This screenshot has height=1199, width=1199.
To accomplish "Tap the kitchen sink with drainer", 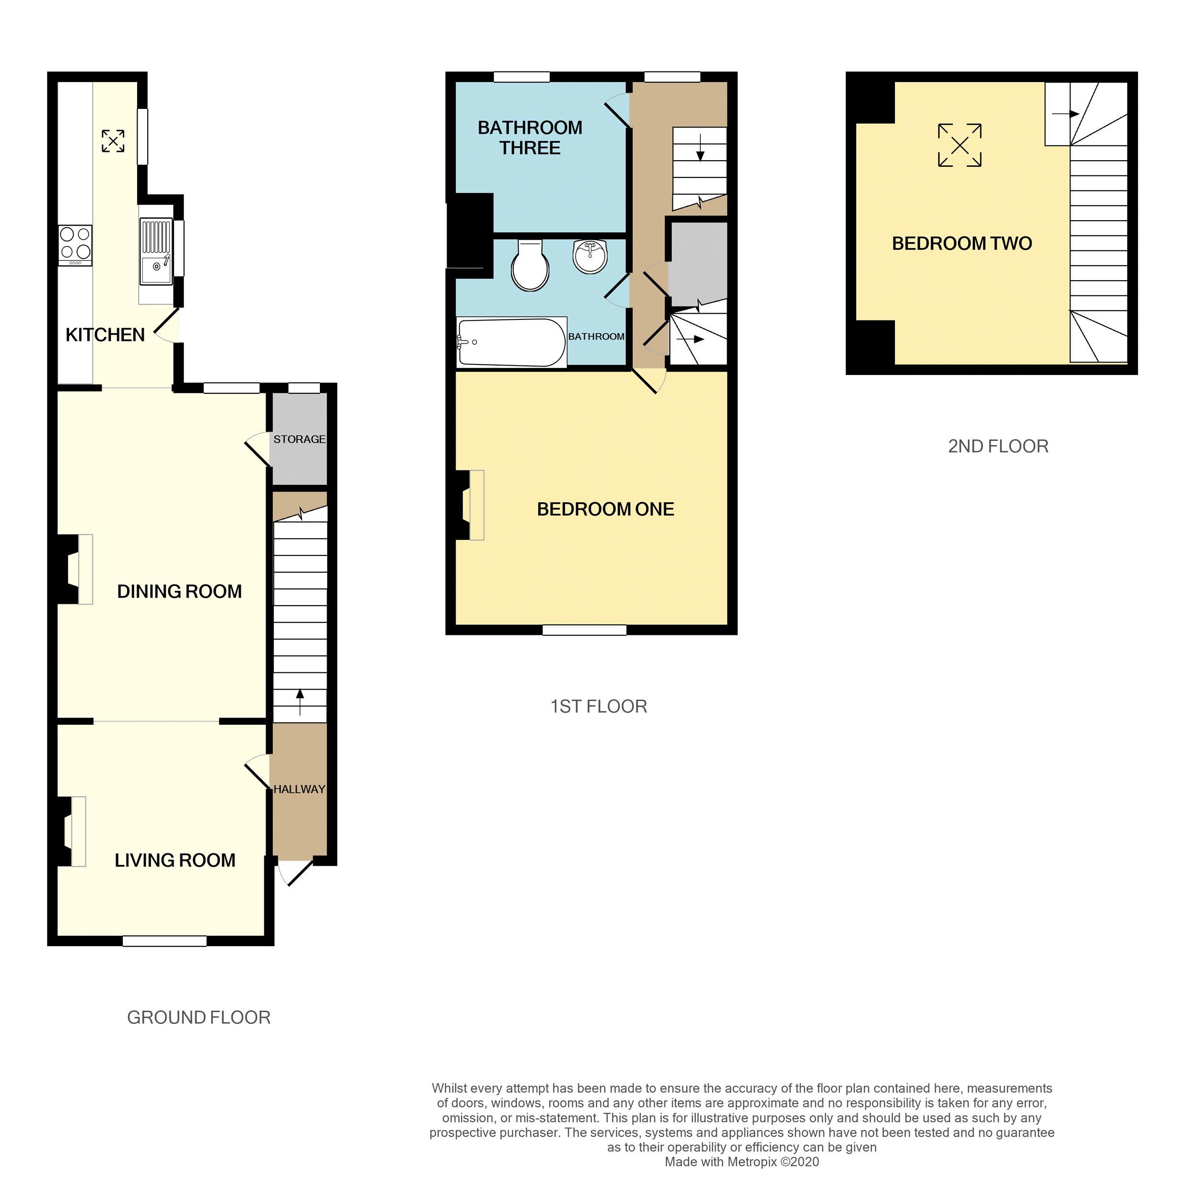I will pyautogui.click(x=155, y=251).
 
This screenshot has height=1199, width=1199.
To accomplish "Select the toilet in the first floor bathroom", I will pyautogui.click(x=529, y=265).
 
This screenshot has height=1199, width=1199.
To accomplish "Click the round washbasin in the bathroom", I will pyautogui.click(x=589, y=256).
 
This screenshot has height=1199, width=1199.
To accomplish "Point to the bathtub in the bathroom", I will pyautogui.click(x=511, y=342).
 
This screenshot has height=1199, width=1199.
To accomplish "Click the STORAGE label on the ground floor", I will pyautogui.click(x=299, y=439).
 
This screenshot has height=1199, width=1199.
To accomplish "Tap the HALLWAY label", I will pyautogui.click(x=299, y=789).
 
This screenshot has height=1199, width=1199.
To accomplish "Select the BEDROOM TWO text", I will pyautogui.click(x=961, y=243).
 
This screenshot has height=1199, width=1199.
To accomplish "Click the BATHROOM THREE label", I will pyautogui.click(x=529, y=138).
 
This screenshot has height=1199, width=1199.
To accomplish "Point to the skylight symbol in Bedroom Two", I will pyautogui.click(x=960, y=145).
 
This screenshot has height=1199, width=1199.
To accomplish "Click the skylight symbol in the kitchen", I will pyautogui.click(x=113, y=141).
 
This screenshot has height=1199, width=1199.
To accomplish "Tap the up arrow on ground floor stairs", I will pyautogui.click(x=300, y=701).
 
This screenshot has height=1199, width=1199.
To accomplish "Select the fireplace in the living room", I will pyautogui.click(x=71, y=832).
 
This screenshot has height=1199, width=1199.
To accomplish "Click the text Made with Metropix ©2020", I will pyautogui.click(x=741, y=1162).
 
